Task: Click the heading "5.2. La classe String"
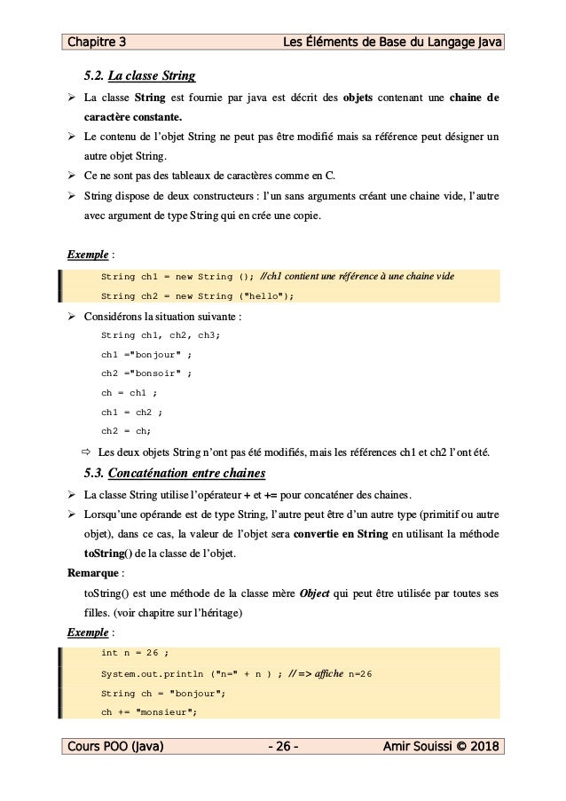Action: pos(139,74)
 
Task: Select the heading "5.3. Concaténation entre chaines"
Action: pos(174,472)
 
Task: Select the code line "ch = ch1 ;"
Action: pos(130,393)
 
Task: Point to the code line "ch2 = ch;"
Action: pos(126,431)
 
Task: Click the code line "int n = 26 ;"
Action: pos(135,653)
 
